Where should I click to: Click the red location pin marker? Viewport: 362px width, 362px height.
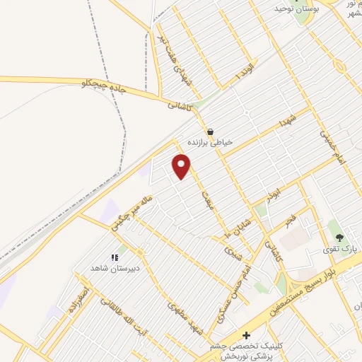click(182, 167)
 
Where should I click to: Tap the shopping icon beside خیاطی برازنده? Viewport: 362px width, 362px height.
click(210, 132)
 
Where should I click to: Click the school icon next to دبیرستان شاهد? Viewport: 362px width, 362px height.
click(115, 258)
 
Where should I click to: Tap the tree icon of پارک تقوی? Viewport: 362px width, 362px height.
click(339, 238)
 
